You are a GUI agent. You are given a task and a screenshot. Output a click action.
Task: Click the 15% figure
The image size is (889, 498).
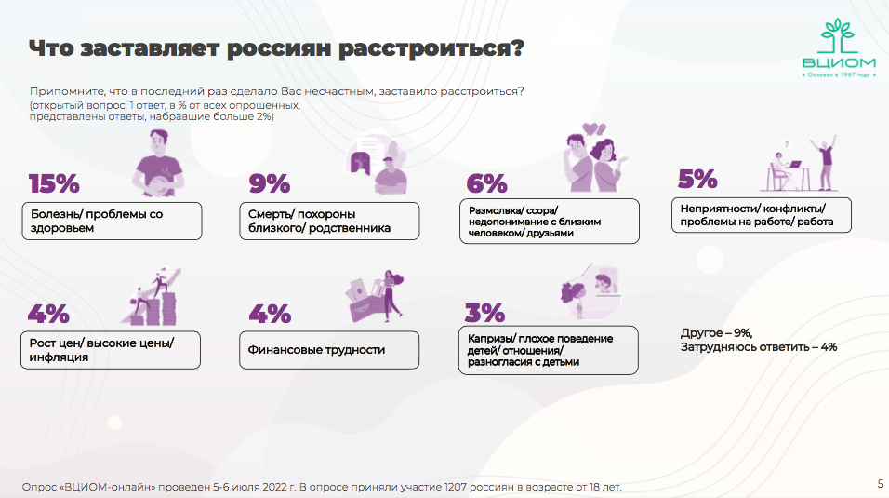(54, 183)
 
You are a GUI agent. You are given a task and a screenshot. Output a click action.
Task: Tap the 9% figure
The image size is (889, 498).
(270, 183)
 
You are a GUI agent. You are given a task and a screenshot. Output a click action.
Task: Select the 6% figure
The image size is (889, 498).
(486, 183)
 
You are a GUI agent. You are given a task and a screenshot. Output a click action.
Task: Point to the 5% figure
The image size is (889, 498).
(697, 179)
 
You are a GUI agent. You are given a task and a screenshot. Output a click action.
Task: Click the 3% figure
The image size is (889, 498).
(484, 313)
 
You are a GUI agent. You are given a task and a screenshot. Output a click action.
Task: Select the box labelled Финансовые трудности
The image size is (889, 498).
(329, 350)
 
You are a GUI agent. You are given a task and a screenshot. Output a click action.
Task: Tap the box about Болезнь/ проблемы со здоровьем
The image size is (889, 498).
(112, 221)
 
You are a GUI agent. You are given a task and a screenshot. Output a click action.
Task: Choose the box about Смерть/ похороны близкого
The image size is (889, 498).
(329, 221)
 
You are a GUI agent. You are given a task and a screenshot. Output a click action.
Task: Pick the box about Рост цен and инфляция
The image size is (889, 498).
(111, 350)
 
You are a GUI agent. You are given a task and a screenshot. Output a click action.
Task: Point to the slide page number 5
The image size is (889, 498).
(881, 484)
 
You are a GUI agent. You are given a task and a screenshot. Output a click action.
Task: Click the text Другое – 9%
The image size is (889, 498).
(717, 332)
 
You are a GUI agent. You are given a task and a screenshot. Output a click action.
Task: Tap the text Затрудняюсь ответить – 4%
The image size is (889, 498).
(759, 347)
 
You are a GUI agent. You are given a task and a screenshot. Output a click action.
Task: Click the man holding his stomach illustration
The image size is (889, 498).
(158, 163)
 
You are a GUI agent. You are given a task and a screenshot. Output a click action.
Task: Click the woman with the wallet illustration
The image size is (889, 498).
(375, 296)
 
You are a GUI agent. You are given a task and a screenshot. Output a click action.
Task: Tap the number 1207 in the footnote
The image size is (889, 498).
(456, 487)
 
